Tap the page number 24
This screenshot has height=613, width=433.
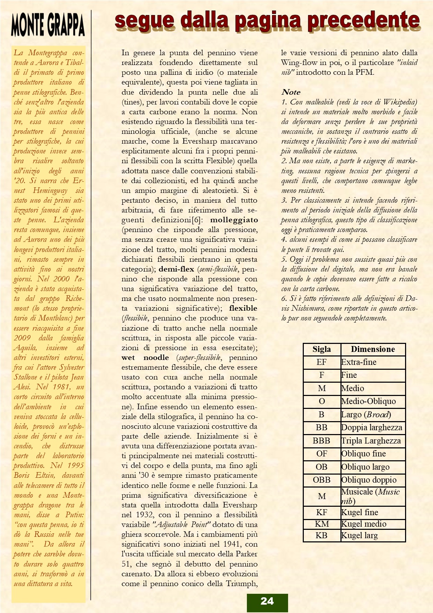267,601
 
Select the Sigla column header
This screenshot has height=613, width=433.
322,349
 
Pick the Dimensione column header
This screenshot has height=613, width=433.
373,349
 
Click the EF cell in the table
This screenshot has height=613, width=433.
322,362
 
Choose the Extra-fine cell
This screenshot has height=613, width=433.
359,362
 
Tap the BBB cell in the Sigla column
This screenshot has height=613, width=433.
322,441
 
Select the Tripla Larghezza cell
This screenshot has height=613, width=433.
371,441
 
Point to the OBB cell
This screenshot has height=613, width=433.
322,480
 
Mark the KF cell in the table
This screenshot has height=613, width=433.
322,512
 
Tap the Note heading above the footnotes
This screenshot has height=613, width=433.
291,92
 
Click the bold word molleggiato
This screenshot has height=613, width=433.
234,220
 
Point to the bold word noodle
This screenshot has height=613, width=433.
156,358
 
